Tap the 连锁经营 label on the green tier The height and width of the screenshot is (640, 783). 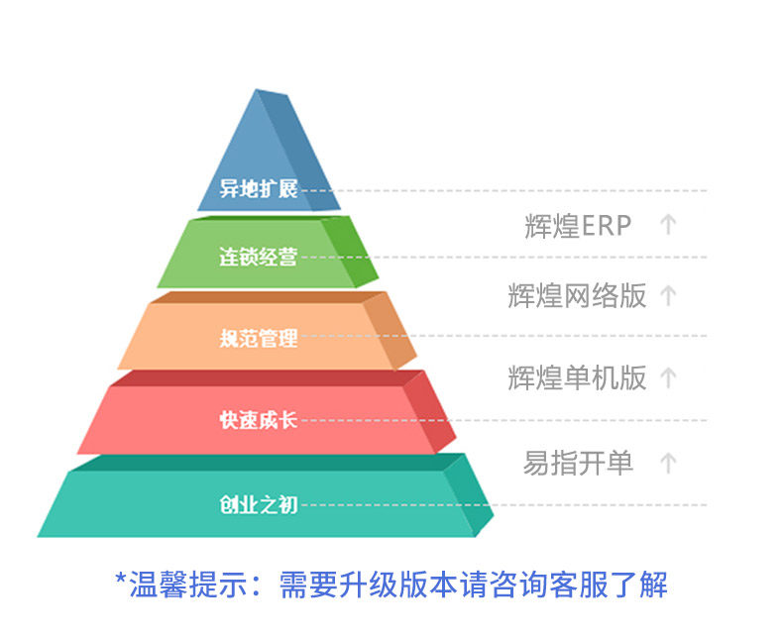point(258,257)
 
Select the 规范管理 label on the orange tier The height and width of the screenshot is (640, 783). point(258,339)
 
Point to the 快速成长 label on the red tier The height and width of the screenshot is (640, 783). point(258,420)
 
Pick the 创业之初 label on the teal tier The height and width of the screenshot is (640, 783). point(258,505)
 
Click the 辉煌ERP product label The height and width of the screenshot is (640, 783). point(578,226)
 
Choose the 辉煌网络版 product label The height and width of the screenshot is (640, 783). point(577,295)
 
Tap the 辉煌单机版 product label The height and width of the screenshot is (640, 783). point(577,377)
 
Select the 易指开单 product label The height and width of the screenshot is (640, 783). point(578,463)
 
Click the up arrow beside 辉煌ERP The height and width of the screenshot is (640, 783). point(668,225)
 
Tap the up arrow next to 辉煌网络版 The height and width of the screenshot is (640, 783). point(668,294)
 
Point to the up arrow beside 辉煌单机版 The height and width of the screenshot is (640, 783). point(668,377)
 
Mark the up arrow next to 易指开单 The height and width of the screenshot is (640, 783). point(668,463)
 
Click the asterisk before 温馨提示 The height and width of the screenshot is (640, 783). point(121,581)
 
